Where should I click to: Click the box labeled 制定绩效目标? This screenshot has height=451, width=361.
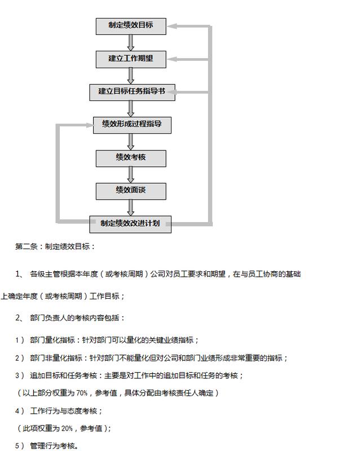131,26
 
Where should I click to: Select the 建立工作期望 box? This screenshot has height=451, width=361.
131,60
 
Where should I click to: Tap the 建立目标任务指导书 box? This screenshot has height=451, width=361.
132,92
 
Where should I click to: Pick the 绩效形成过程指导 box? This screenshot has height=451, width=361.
132,125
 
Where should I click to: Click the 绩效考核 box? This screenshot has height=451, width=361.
131,158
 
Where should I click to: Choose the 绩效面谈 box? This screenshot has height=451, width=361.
131,191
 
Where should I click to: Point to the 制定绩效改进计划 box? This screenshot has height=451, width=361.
130,224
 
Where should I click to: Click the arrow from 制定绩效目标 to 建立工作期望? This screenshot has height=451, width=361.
131,43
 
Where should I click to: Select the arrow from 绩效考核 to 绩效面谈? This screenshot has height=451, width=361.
131,175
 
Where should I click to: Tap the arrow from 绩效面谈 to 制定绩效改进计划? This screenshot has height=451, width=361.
131,208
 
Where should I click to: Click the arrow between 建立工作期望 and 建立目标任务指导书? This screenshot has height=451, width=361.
131,76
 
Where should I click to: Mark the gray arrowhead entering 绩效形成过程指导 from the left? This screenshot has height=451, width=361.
90,125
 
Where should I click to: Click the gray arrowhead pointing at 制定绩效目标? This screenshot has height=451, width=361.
171,26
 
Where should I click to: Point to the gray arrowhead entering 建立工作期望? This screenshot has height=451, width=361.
171,59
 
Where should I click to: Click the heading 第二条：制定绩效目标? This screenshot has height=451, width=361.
55,246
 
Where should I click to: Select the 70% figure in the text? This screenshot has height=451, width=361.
82,393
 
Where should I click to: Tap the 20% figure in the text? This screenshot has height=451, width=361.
67,428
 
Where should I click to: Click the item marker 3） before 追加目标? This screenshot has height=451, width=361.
20,375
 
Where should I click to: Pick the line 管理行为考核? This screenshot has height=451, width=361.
54,446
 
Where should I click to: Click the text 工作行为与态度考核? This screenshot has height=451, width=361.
64,411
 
